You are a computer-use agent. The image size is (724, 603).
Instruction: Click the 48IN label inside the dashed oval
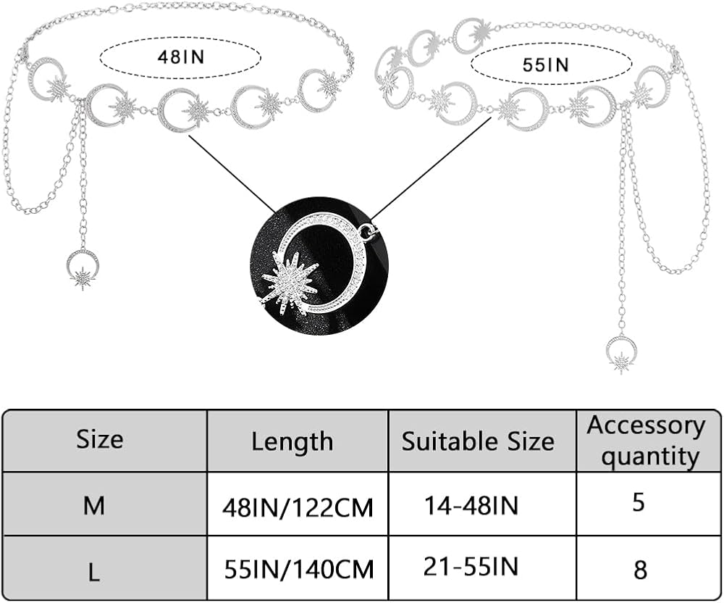[180, 56]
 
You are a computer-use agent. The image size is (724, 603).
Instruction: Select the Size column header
[100, 439]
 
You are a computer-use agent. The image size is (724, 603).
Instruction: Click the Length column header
[292, 441]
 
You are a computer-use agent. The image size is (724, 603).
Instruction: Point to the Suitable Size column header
[478, 441]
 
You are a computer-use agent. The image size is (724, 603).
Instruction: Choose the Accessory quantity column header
[646, 441]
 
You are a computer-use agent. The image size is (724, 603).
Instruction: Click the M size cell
[94, 505]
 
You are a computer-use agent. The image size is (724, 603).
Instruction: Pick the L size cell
[94, 572]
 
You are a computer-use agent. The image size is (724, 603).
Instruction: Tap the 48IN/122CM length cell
[298, 507]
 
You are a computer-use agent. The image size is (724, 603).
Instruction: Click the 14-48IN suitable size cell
[471, 505]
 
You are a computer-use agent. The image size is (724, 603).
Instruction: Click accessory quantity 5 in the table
[638, 502]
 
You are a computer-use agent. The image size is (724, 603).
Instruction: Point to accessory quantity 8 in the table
[640, 569]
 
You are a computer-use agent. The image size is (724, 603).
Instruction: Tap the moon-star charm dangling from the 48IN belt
[83, 267]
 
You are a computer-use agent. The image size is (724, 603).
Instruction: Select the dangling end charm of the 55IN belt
[621, 353]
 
